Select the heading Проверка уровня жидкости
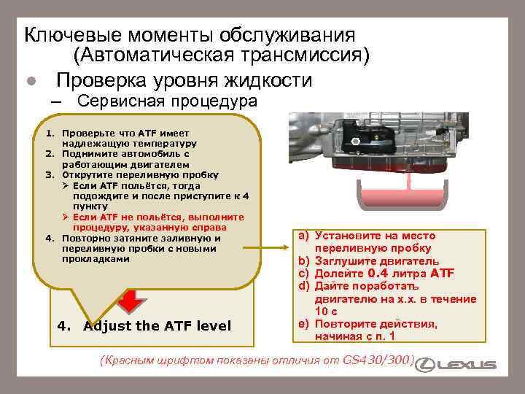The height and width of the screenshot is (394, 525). tap(184, 79)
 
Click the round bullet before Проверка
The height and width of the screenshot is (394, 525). tap(31, 81)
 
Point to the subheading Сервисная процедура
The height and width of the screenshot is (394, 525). tap(167, 101)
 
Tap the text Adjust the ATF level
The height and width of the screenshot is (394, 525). tap(157, 325)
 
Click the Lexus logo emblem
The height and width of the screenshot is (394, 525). tap(432, 364)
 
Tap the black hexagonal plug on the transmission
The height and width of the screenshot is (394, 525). tap(351, 139)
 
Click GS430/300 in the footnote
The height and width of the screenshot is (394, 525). tap(377, 360)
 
